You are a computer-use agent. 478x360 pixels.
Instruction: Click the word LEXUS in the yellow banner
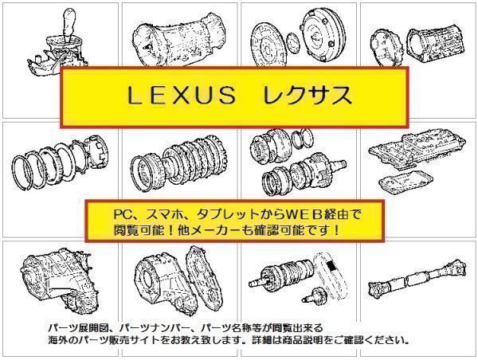point(177,97)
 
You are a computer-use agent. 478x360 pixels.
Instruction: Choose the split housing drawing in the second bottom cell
point(171,279)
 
